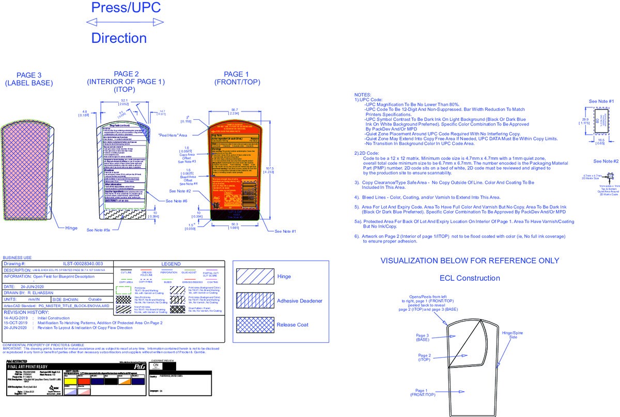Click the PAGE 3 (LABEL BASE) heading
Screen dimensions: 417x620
29,79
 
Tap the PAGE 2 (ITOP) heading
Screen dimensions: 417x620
126,82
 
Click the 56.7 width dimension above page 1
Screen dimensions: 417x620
235,110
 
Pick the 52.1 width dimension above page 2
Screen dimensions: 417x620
125,100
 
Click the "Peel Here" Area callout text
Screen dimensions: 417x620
173,135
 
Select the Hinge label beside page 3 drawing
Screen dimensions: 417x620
71,228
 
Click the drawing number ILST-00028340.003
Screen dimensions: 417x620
83,264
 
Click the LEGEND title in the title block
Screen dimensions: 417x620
171,264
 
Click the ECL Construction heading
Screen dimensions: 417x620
470,278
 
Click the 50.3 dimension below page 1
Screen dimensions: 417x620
235,225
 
